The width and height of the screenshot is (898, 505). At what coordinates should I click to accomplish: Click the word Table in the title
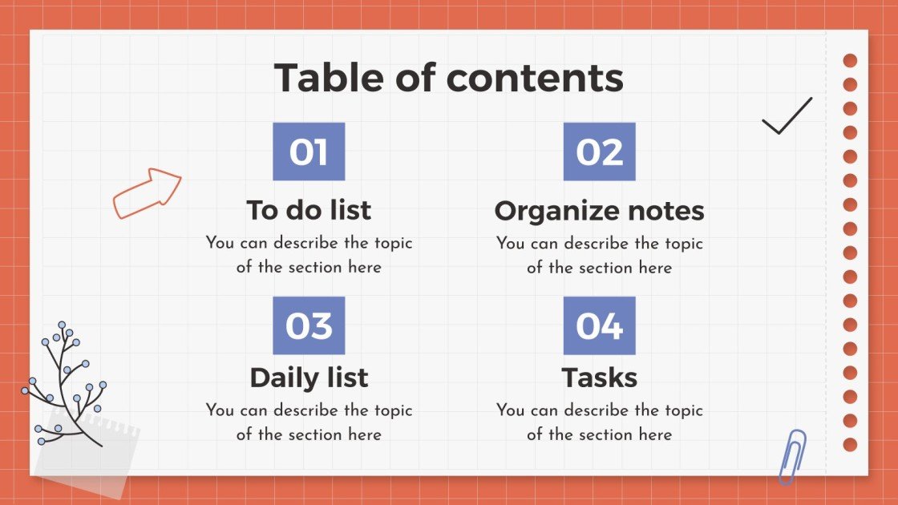(329, 78)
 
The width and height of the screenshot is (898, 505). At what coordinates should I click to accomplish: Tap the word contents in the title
(535, 78)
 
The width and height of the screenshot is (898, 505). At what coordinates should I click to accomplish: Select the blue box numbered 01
(309, 151)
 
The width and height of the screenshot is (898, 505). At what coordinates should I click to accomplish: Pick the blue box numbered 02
(599, 151)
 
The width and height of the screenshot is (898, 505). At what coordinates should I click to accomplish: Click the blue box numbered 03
(309, 325)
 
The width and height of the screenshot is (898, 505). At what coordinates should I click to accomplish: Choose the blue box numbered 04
(599, 325)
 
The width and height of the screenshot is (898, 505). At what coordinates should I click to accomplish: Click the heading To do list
(309, 210)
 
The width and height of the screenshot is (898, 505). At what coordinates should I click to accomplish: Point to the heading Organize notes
(599, 210)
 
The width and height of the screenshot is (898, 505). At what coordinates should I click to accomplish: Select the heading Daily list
(309, 378)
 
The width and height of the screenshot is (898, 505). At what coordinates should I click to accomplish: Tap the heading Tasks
(599, 378)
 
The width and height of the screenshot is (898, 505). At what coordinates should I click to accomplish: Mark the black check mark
(787, 117)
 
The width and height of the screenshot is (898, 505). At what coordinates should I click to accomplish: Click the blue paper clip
(792, 456)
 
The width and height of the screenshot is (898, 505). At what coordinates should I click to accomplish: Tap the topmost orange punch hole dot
(850, 61)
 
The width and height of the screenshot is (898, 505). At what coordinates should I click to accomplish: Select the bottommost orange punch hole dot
(850, 444)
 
